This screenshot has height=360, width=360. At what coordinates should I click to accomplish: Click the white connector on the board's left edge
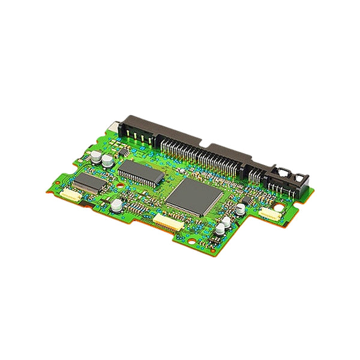coord(71,196)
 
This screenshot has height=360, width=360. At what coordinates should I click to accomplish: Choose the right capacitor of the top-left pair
coord(107,161)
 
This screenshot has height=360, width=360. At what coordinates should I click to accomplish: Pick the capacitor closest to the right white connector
coord(240,209)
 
